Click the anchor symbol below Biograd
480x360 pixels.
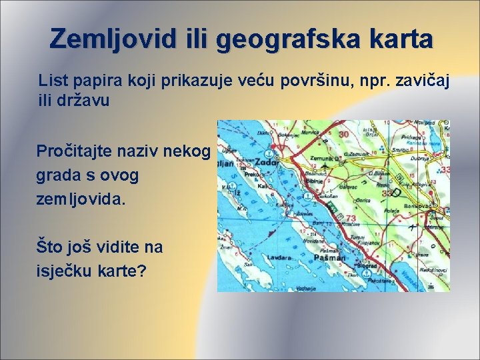(363, 272)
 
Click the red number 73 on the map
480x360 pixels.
(349, 219)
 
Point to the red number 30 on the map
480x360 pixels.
(344, 134)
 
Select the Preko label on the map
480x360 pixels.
(251, 175)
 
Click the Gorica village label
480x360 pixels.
(363, 200)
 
